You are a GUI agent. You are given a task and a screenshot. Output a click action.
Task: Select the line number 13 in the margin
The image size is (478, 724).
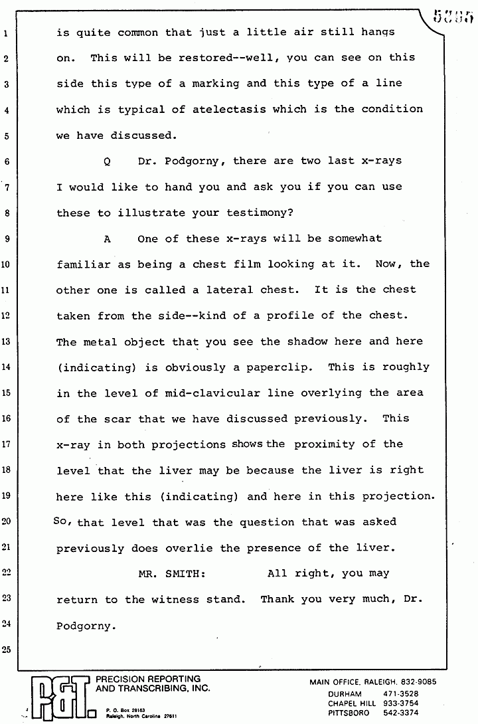point(7,341)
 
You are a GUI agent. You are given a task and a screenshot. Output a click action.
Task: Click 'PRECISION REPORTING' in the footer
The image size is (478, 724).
point(148,679)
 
